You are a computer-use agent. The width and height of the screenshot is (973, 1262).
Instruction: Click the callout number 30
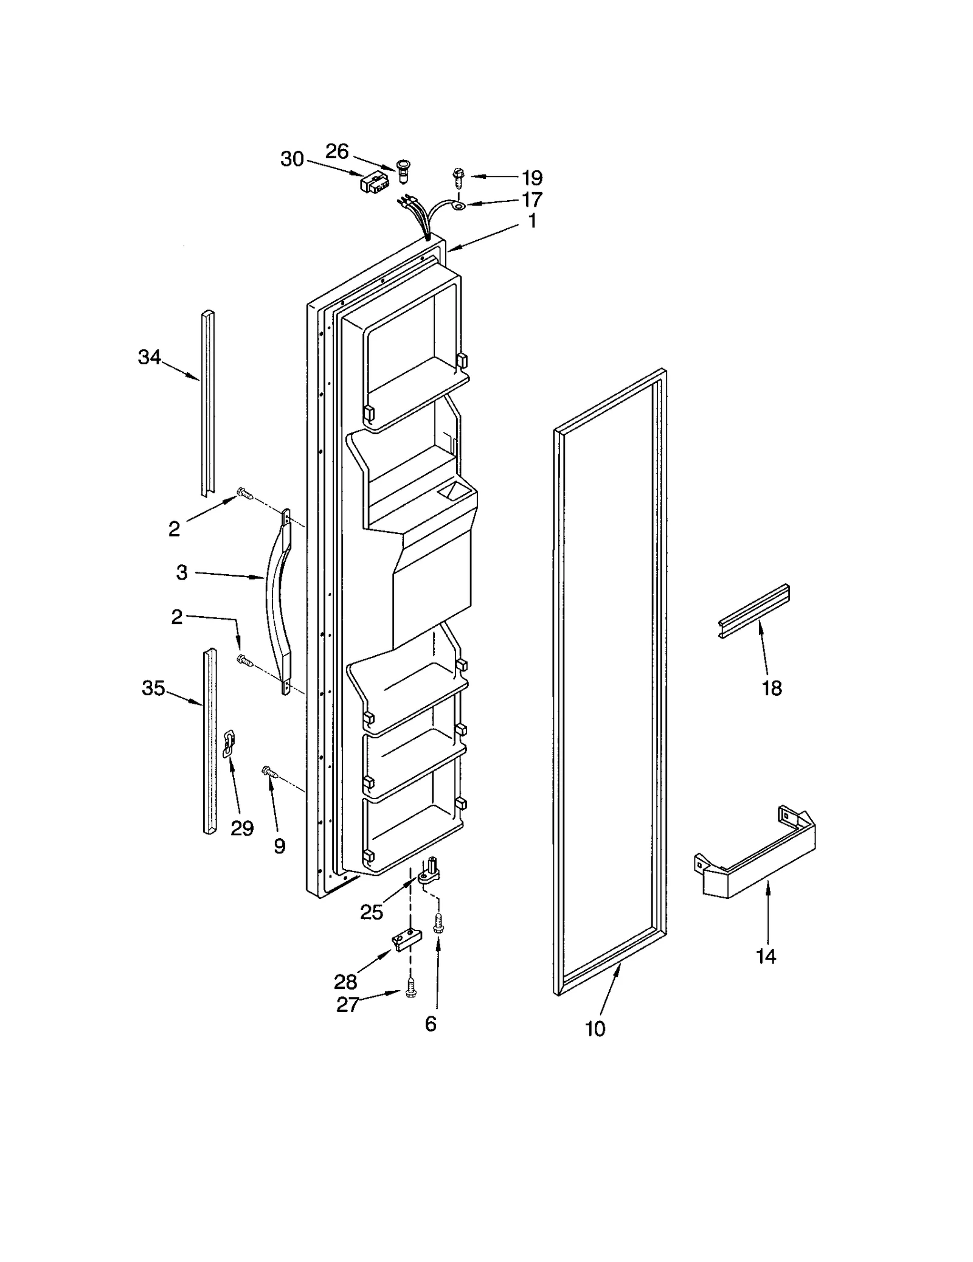point(292,159)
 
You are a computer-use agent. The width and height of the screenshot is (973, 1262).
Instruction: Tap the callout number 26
point(337,151)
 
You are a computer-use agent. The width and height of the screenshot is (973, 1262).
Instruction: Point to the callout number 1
point(532,221)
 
